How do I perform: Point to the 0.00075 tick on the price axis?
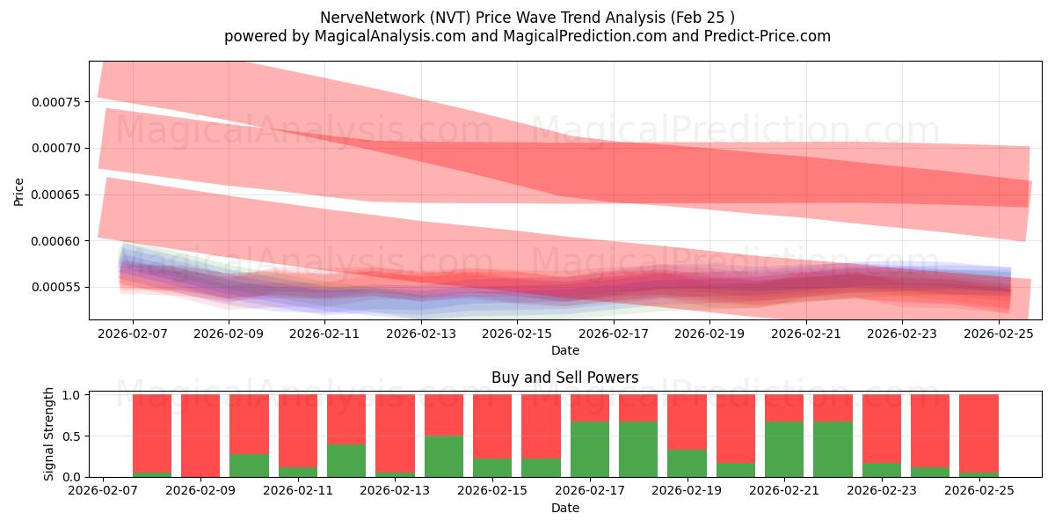tap(55, 102)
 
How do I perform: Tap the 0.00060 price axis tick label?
tap(55, 241)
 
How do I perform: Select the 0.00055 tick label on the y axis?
tap(55, 288)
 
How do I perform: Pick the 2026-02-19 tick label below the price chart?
tap(710, 334)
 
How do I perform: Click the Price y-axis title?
tap(19, 191)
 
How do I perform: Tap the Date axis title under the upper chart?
tap(565, 350)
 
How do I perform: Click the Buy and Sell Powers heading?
tap(565, 378)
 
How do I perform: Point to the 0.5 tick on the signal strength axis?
tap(75, 436)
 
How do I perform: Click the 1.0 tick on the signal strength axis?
tap(75, 395)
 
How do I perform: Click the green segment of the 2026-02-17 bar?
tap(590, 450)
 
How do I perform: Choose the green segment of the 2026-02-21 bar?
tap(784, 450)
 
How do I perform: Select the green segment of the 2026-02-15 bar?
tap(492, 467)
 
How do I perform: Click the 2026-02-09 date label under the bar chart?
tap(200, 491)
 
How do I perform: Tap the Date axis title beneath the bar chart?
tap(565, 508)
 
